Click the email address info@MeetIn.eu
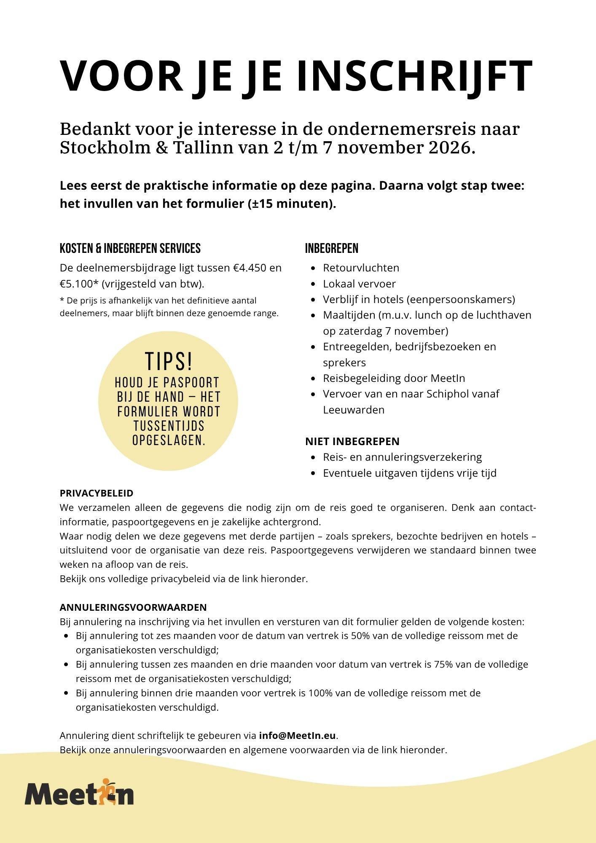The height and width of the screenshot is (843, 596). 298,736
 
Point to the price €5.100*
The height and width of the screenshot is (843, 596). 79,284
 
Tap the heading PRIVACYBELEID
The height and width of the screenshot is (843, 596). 97,493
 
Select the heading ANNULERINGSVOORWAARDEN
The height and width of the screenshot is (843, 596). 133,607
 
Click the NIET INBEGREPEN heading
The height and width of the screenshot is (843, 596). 352,441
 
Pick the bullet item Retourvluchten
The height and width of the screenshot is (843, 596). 361,268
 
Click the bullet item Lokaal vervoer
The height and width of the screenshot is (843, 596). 359,284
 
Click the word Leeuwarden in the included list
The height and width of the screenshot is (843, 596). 354,410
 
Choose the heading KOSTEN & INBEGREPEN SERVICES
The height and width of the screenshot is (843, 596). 130,249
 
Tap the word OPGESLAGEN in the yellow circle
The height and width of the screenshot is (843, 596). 168,440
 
